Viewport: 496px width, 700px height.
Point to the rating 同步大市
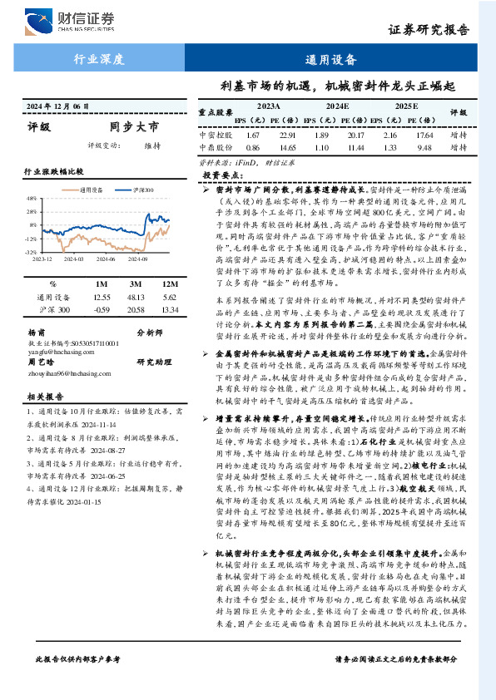click(x=133, y=127)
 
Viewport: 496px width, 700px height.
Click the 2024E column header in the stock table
click(x=337, y=107)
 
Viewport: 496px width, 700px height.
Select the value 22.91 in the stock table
click(x=288, y=135)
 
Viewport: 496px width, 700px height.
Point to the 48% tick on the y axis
click(x=30, y=199)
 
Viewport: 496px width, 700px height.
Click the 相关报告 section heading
click(x=42, y=397)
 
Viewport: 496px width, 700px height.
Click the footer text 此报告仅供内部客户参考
click(x=78, y=682)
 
